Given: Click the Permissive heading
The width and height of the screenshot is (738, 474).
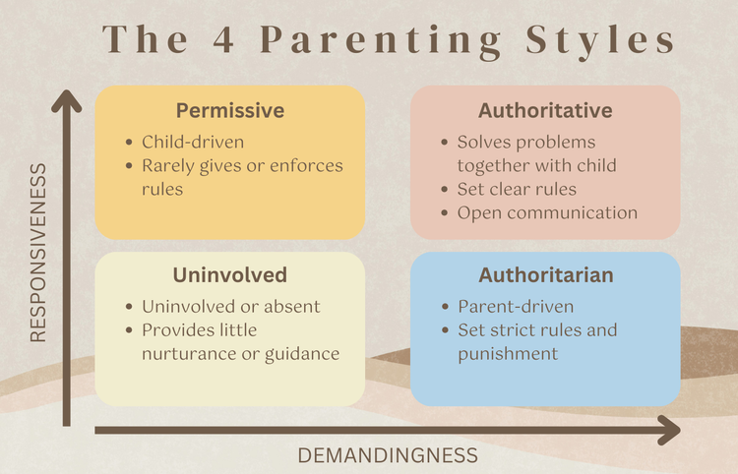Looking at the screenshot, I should (x=230, y=110).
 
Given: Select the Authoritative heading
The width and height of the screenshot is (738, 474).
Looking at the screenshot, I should (x=545, y=110).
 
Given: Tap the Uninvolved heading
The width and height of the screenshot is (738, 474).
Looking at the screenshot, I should (x=230, y=274).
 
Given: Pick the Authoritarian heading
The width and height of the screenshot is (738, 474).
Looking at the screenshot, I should (x=545, y=274).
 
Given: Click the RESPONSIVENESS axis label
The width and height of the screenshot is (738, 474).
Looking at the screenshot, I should (x=38, y=254).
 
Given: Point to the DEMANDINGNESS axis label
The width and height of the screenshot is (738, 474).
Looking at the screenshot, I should (x=388, y=455).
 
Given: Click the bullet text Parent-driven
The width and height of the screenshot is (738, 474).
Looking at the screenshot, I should (x=515, y=306).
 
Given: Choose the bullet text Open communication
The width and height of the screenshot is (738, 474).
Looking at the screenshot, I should (x=548, y=212).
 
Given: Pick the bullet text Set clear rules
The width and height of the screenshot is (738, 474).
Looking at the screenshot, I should (x=517, y=189).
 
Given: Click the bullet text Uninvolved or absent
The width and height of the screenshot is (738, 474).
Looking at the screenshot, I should (x=231, y=306).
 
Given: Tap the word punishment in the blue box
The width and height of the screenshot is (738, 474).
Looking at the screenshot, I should (x=508, y=353).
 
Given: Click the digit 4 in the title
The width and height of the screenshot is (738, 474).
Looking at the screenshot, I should (x=212, y=41).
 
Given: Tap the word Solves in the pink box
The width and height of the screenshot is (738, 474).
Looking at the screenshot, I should (x=484, y=143).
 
